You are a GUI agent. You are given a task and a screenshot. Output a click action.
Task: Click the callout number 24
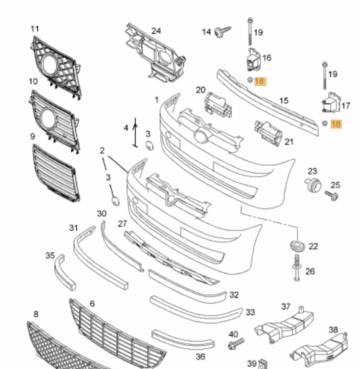pos(156,31)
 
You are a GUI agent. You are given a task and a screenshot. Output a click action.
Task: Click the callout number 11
pos(35,29)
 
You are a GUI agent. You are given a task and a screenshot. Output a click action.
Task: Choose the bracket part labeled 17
pos(330,103)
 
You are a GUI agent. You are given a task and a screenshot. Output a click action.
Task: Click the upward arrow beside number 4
pos(135,132)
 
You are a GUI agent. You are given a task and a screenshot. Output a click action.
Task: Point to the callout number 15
pos(283,101)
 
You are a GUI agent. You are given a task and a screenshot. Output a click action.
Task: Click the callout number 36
pos(201,357)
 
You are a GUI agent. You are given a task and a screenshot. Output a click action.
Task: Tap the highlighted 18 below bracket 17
pos(336,124)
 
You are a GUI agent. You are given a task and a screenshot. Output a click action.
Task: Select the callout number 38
pos(333,330)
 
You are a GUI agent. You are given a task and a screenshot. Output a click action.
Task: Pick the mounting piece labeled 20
pos(218,104)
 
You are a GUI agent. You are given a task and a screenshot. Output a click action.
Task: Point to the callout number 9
pos(32,136)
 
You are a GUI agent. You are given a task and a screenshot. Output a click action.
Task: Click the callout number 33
pos(250,312)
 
